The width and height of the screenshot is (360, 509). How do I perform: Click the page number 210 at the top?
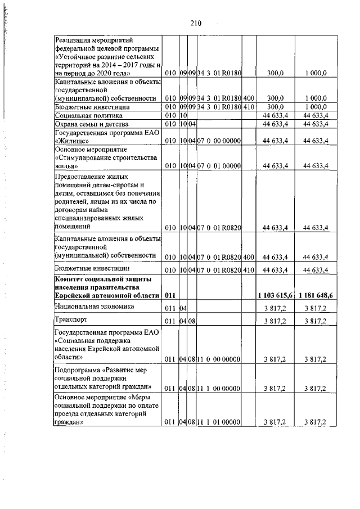coord(195,23)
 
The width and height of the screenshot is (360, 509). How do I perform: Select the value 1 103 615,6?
coord(276,296)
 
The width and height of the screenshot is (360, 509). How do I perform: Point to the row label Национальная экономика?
coord(94,307)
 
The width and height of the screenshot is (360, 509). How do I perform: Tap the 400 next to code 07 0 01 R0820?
coord(249,257)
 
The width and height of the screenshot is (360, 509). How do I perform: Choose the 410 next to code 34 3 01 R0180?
coord(249,106)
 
